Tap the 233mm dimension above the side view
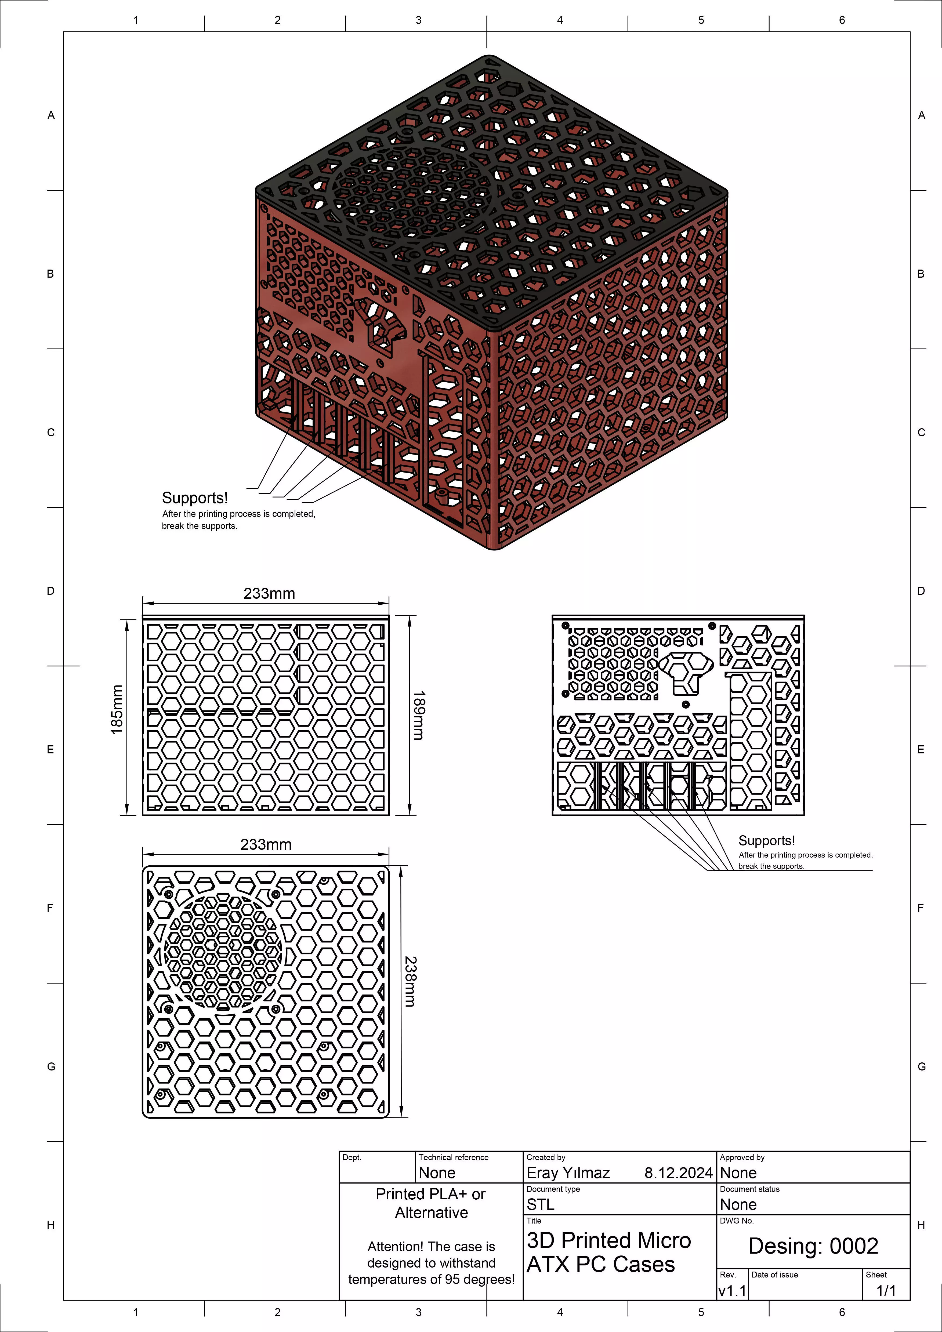[x=269, y=593]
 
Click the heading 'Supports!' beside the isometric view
[x=195, y=498]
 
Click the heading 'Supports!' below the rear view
[x=766, y=841]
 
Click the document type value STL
[x=541, y=1204]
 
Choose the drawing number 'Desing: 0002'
[x=813, y=1246]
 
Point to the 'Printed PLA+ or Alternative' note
[x=431, y=1203]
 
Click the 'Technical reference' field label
[x=454, y=1157]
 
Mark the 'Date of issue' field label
[x=774, y=1275]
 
